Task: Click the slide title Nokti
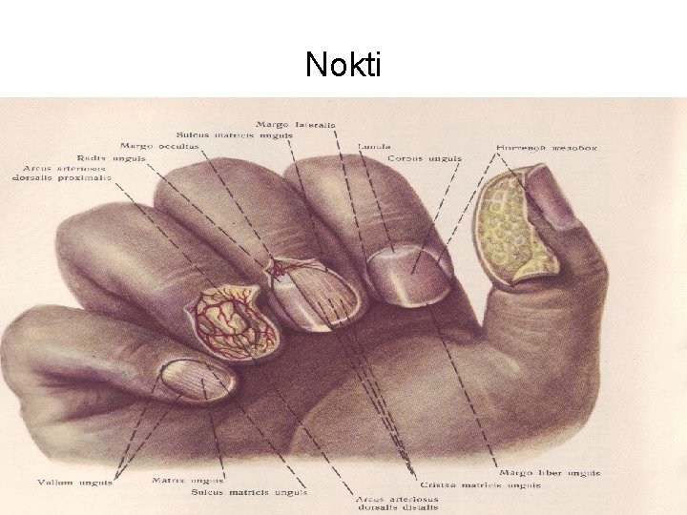pyautogui.click(x=343, y=65)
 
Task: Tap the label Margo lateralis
pyautogui.click(x=295, y=124)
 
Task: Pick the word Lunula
pyautogui.click(x=374, y=147)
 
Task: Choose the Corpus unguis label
pyautogui.click(x=425, y=158)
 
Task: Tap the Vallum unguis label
pyautogui.click(x=74, y=483)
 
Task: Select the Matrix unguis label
pyautogui.click(x=187, y=480)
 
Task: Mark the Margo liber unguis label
pyautogui.click(x=550, y=473)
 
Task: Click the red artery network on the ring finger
pyautogui.click(x=234, y=322)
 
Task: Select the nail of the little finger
pyautogui.click(x=195, y=379)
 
